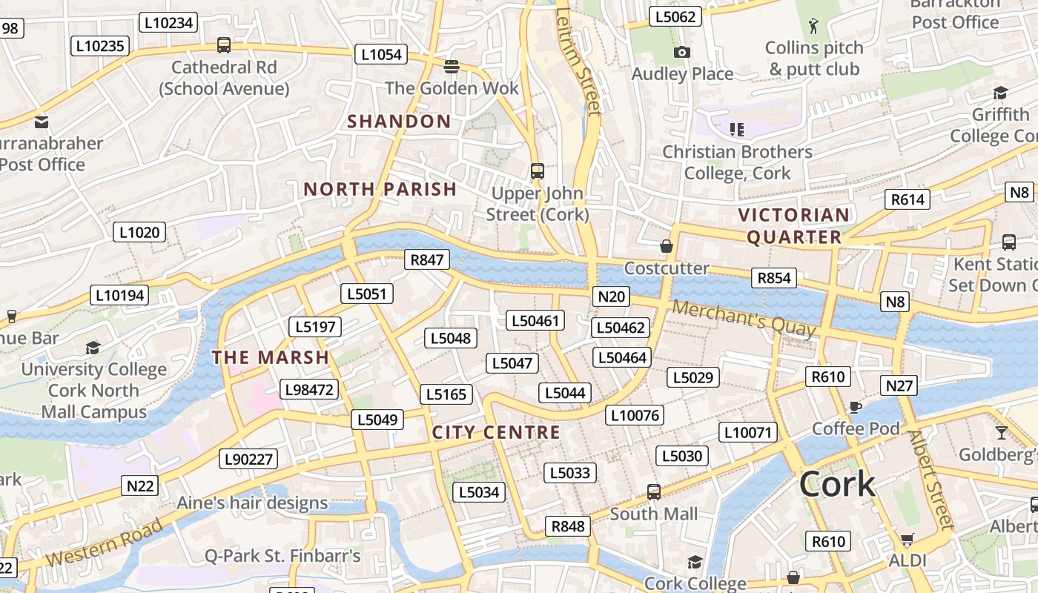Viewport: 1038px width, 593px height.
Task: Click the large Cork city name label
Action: (x=837, y=484)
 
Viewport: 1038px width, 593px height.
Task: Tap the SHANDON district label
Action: (x=399, y=122)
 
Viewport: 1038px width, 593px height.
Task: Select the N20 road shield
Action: (x=611, y=297)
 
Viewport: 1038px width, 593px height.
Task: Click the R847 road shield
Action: (x=427, y=259)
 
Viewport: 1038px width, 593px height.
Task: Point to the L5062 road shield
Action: (x=675, y=16)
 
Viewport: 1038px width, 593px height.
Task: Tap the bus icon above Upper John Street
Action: (x=538, y=171)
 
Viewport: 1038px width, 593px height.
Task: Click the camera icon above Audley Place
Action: (x=681, y=52)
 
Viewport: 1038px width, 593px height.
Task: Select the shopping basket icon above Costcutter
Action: (x=667, y=246)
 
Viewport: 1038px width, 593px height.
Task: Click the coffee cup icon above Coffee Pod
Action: (x=855, y=407)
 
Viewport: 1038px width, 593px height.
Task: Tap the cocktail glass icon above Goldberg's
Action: (x=1002, y=432)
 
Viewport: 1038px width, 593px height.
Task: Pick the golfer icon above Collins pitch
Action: (x=813, y=26)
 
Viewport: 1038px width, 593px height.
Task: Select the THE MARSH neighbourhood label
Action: (x=270, y=357)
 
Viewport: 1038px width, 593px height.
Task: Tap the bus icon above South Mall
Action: (x=653, y=491)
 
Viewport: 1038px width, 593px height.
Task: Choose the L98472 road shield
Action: (x=309, y=389)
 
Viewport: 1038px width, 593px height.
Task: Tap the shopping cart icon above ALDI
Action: (x=907, y=539)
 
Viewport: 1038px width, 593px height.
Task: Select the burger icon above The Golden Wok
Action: (x=451, y=67)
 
